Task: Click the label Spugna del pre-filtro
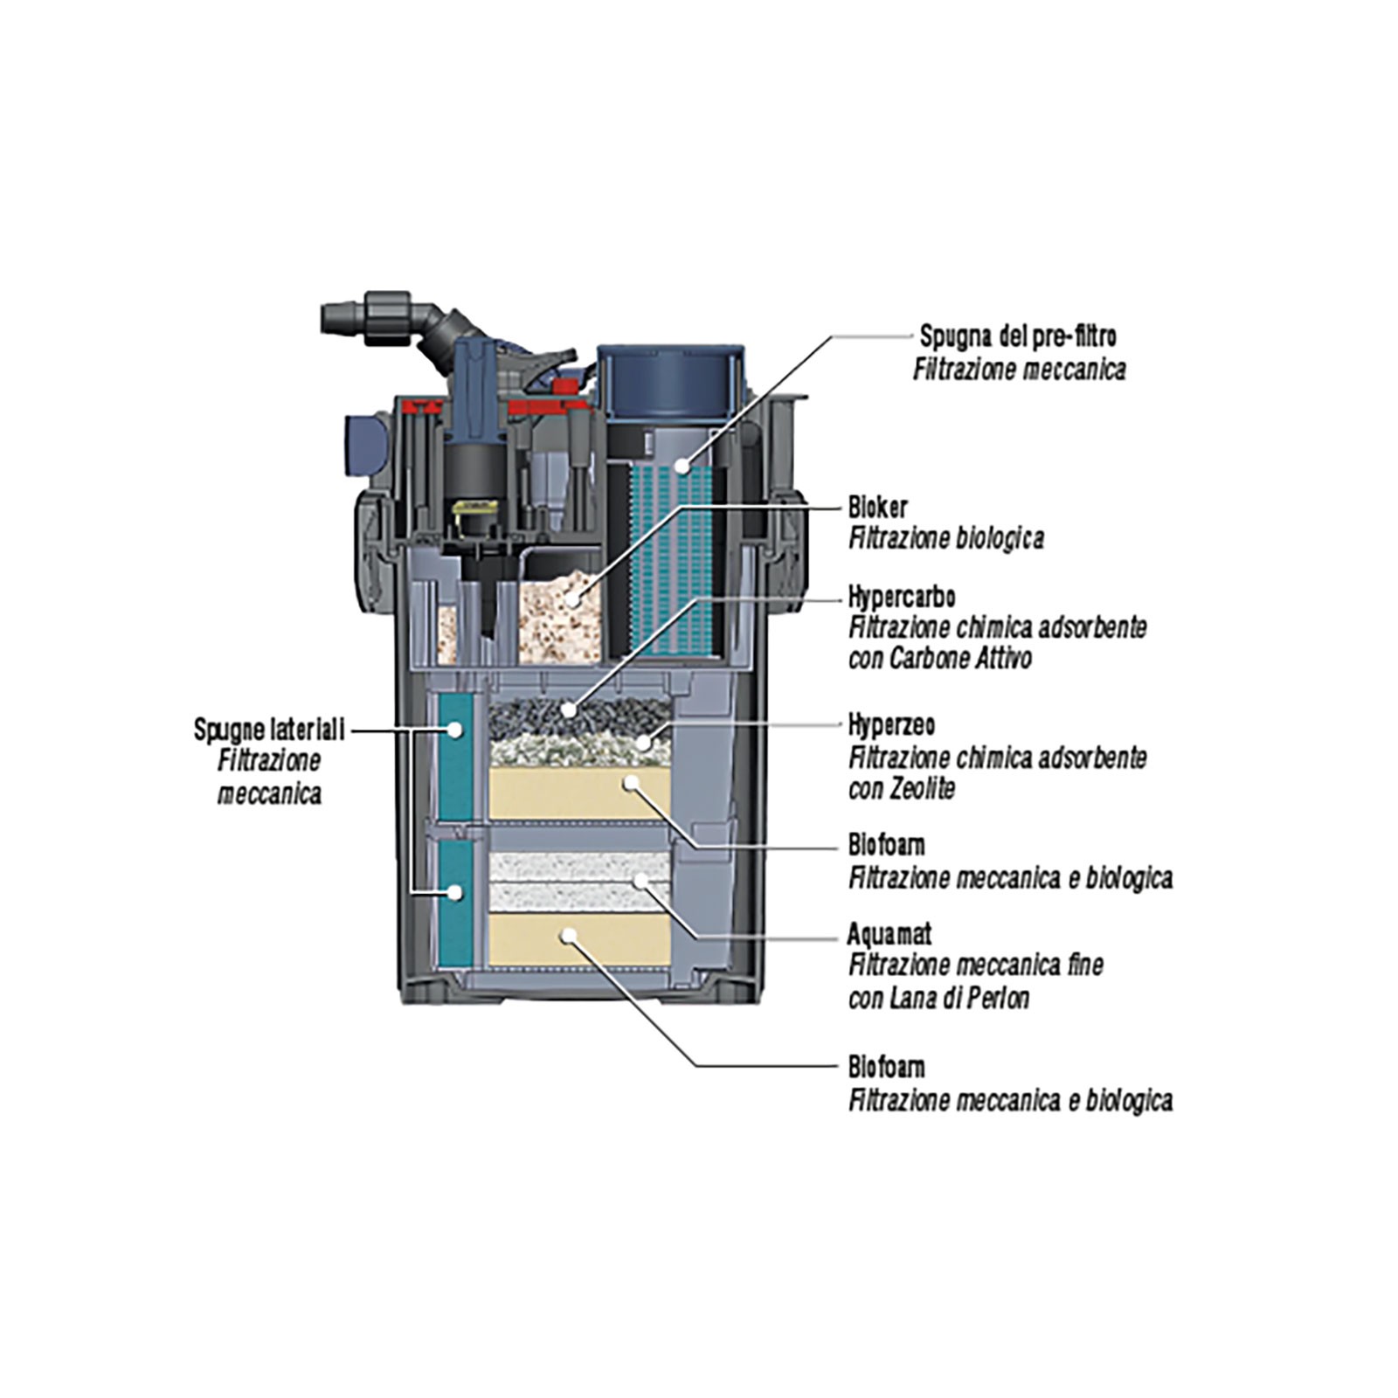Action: point(1017,336)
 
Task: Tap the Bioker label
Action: point(877,508)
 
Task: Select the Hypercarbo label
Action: point(901,598)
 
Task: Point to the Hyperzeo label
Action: point(891,725)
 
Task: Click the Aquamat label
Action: point(889,935)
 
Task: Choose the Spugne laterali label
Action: point(269,730)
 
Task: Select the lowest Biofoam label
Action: point(886,1068)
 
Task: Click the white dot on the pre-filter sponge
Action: point(685,466)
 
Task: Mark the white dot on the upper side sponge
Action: point(454,728)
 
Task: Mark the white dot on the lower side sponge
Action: point(454,892)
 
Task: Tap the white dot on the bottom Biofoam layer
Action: point(569,936)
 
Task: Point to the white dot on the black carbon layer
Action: point(570,709)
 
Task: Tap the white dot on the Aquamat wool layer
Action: point(642,878)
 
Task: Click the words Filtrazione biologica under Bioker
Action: point(945,538)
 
